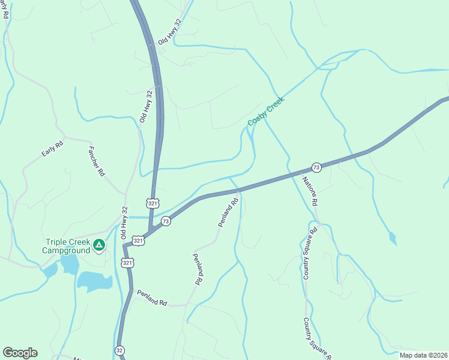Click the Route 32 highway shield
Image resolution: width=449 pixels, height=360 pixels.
120,349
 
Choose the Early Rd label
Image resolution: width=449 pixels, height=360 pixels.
52,149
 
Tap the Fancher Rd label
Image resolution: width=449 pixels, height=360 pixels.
97,161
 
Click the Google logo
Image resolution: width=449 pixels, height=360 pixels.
20,353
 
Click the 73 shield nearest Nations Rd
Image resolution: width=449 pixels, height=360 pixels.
316,167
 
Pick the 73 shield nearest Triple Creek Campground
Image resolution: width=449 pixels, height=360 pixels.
166,221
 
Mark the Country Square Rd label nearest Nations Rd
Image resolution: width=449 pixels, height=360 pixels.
309,253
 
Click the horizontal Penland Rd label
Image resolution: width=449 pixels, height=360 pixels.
151,298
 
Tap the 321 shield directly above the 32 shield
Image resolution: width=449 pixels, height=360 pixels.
127,263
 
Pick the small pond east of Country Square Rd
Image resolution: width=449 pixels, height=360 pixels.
393,239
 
